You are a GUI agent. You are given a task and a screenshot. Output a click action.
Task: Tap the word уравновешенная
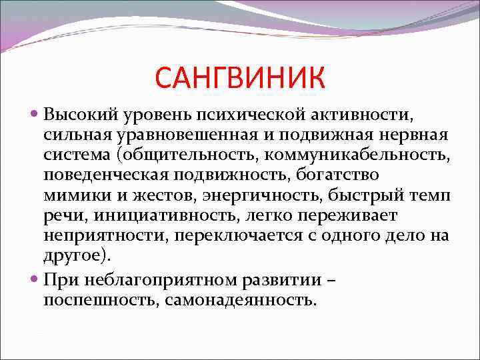point(196,134)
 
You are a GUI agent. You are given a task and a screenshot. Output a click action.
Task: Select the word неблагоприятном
point(149,280)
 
